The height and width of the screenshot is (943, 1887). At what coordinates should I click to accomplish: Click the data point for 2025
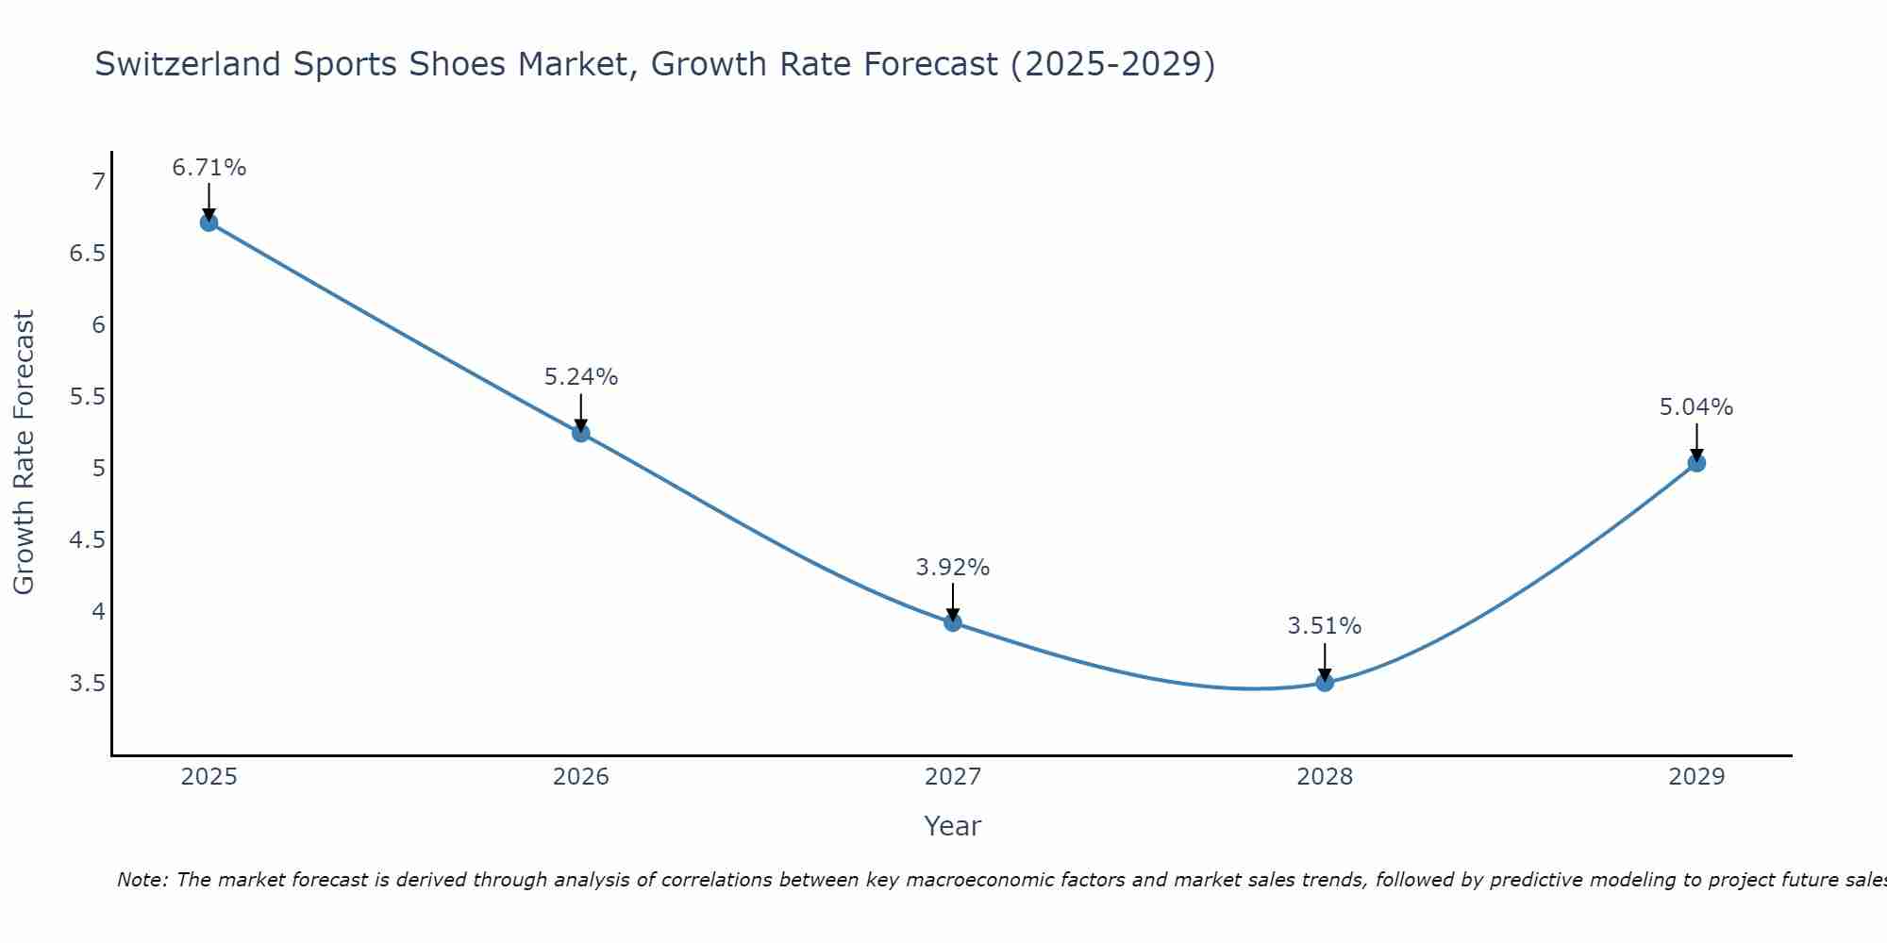pos(209,223)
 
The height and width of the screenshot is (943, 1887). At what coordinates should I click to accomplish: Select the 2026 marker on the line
pos(581,433)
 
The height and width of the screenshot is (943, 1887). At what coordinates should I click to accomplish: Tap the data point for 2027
pos(953,622)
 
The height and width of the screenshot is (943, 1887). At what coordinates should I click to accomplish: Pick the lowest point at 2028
pos(1325,683)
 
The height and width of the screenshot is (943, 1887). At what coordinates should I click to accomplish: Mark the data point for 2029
pos(1696,463)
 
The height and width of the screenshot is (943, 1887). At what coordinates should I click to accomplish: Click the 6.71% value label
pos(209,168)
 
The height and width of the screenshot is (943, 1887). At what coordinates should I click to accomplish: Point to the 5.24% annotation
pos(581,377)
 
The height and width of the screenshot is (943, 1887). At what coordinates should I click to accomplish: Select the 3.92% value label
pos(953,568)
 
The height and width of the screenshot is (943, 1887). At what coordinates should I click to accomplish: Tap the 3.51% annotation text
pos(1325,626)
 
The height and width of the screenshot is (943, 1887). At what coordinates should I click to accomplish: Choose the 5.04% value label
pos(1696,407)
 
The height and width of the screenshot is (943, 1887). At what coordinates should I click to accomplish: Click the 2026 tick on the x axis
pos(581,777)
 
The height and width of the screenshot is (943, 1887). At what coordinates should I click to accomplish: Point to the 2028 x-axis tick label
pos(1325,777)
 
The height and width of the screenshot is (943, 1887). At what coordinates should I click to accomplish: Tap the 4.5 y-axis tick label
pos(88,540)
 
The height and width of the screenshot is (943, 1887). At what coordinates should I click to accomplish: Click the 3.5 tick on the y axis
pos(88,684)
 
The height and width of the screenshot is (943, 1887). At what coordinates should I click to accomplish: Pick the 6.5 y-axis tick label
pos(88,254)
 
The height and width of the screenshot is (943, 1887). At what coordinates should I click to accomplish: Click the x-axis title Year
pos(953,826)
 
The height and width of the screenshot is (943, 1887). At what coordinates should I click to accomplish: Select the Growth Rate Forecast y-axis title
pos(24,453)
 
